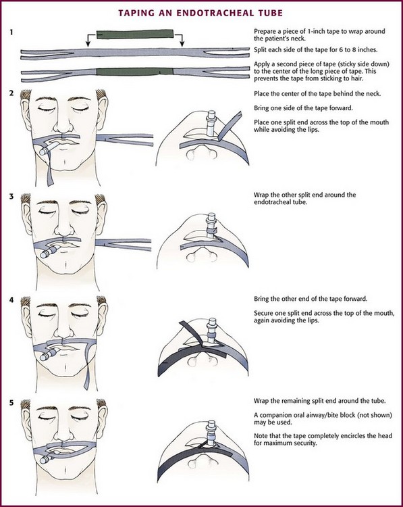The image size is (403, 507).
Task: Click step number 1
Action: pos(11,32)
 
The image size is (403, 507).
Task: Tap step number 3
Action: pos(11,196)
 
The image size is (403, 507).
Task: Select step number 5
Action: pos(11,403)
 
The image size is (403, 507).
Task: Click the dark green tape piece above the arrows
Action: pos(135,34)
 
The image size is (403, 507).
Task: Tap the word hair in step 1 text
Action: pos(356,78)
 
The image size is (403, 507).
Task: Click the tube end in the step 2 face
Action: pos(43,151)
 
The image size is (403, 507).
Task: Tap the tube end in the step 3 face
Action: pos(45,255)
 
